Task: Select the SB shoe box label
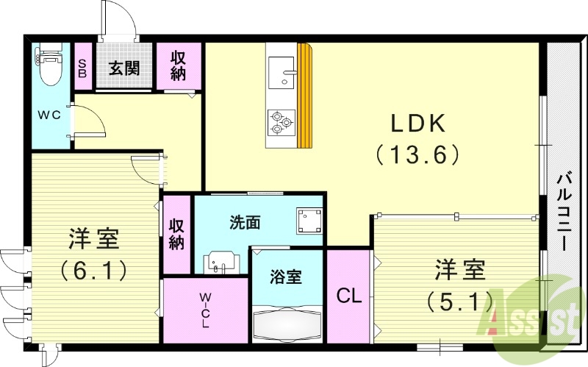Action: click(x=82, y=68)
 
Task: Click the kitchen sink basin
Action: click(x=280, y=72)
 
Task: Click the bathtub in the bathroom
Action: click(x=287, y=324)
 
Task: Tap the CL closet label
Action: click(x=348, y=296)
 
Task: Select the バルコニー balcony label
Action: click(x=564, y=210)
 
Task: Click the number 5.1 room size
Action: click(x=458, y=299)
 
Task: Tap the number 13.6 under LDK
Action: click(x=417, y=154)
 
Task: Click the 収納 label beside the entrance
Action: click(x=179, y=65)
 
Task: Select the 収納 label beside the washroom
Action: click(x=176, y=234)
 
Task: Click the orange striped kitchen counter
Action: click(x=304, y=96)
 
